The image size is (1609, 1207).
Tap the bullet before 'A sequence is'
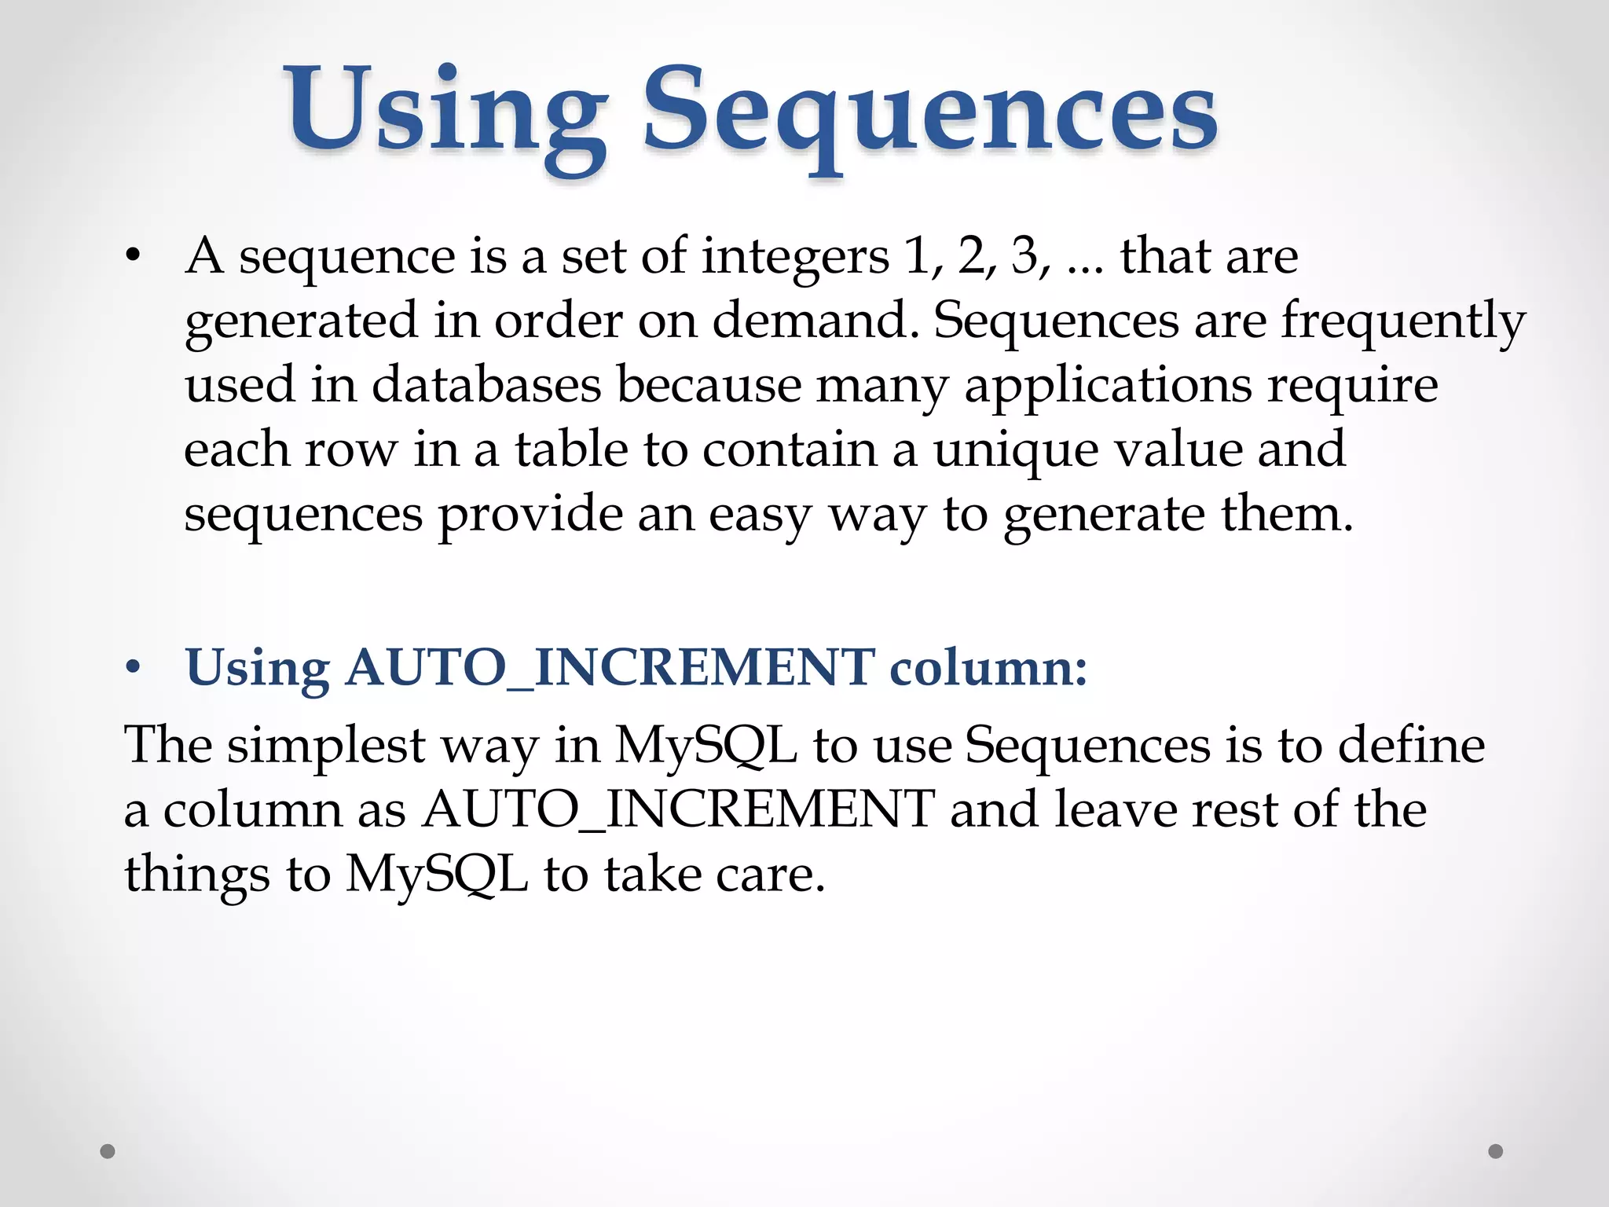pos(133,257)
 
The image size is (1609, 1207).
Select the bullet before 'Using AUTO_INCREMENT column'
pos(133,668)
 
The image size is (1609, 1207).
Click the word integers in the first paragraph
pos(795,258)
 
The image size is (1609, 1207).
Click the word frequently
pos(1403,322)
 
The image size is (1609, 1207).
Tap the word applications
pos(1108,387)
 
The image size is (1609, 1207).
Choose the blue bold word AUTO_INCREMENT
pos(610,668)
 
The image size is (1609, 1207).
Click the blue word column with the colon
pos(988,668)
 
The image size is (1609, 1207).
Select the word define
pos(1411,745)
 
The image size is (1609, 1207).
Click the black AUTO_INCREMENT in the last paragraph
pos(678,810)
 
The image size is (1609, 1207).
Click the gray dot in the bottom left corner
pos(108,1152)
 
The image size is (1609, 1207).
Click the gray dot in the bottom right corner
pos(1496,1151)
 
